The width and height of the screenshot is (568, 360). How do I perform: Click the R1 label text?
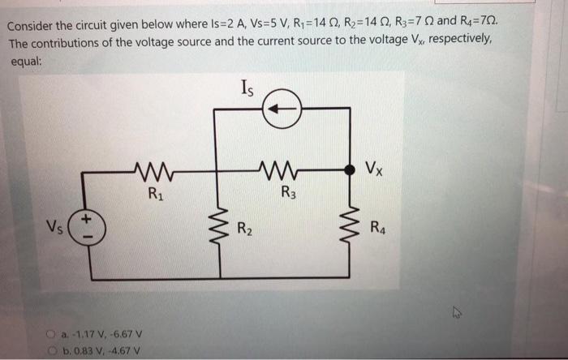click(154, 194)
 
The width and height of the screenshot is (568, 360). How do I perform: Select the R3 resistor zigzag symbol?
click(282, 171)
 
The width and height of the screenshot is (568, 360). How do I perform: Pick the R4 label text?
click(378, 227)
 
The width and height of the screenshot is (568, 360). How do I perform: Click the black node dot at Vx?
click(350, 170)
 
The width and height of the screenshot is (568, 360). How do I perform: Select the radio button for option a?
click(50, 332)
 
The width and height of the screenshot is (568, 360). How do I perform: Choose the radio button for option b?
click(50, 349)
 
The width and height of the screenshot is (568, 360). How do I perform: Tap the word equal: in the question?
click(25, 59)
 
